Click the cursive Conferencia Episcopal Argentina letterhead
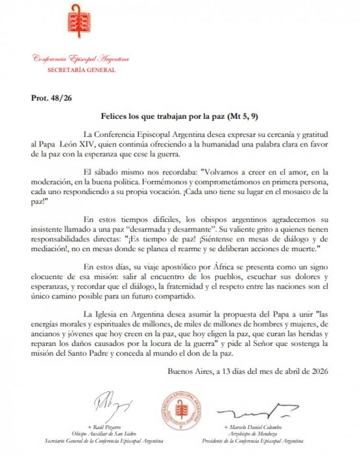tap(81, 59)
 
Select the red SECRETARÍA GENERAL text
tap(81, 70)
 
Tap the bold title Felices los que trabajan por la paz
tap(166, 116)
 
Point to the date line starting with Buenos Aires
tap(248, 370)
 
